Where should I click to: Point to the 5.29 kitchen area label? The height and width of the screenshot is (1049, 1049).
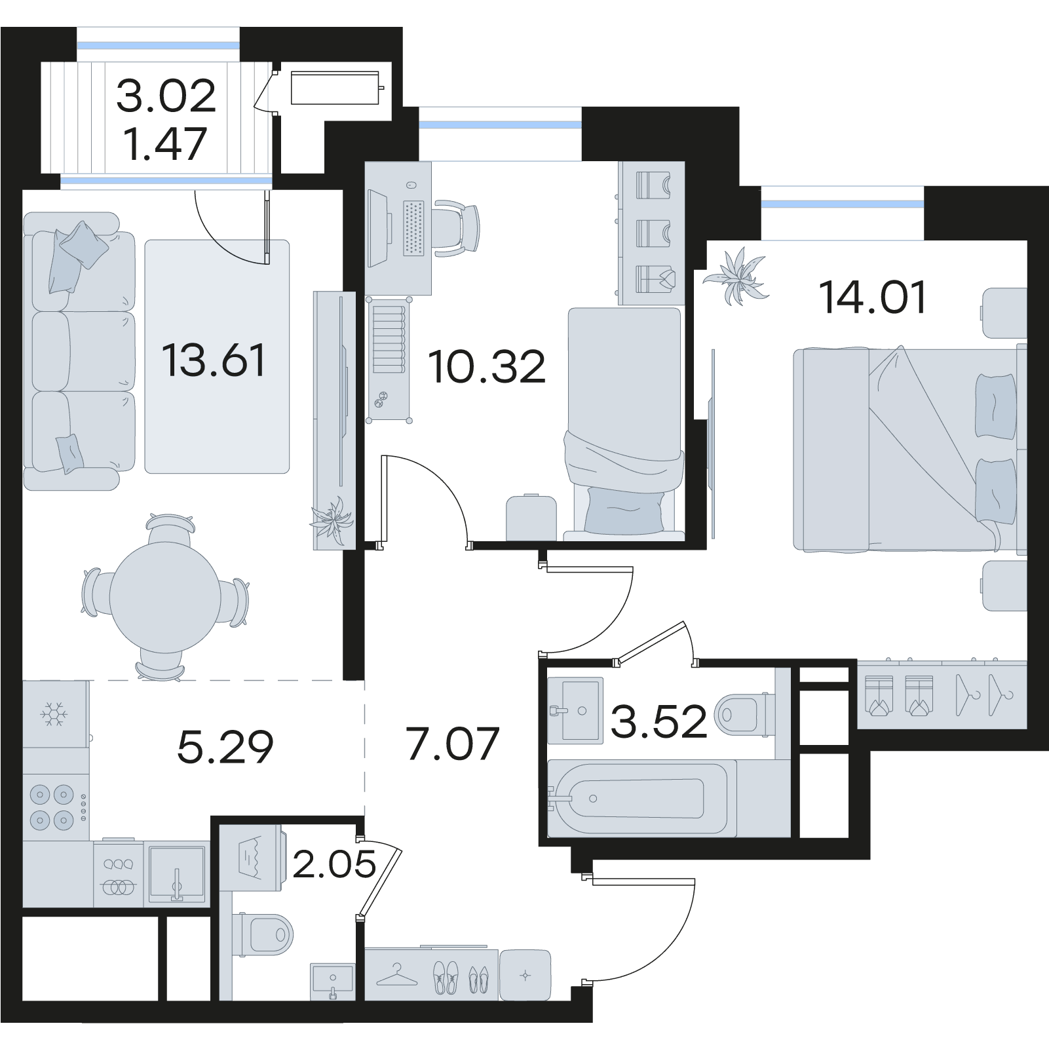(x=225, y=747)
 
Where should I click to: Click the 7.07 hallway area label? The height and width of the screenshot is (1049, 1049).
(x=452, y=744)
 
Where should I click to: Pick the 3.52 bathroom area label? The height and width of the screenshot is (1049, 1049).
(x=658, y=721)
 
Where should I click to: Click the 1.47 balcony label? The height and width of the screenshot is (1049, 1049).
(x=165, y=144)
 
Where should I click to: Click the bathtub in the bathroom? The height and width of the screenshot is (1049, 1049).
(x=637, y=798)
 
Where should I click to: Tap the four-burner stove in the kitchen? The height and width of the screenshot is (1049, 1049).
(x=56, y=807)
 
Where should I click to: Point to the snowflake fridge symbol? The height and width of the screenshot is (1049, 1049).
(x=53, y=714)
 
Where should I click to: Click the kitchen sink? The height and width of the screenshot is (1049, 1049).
(x=177, y=873)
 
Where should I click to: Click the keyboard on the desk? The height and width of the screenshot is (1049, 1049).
(x=413, y=227)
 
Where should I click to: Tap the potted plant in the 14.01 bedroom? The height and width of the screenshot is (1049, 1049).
(x=736, y=276)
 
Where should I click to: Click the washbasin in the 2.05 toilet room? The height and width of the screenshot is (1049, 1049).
(x=333, y=981)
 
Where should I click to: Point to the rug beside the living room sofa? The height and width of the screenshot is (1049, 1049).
(x=217, y=356)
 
